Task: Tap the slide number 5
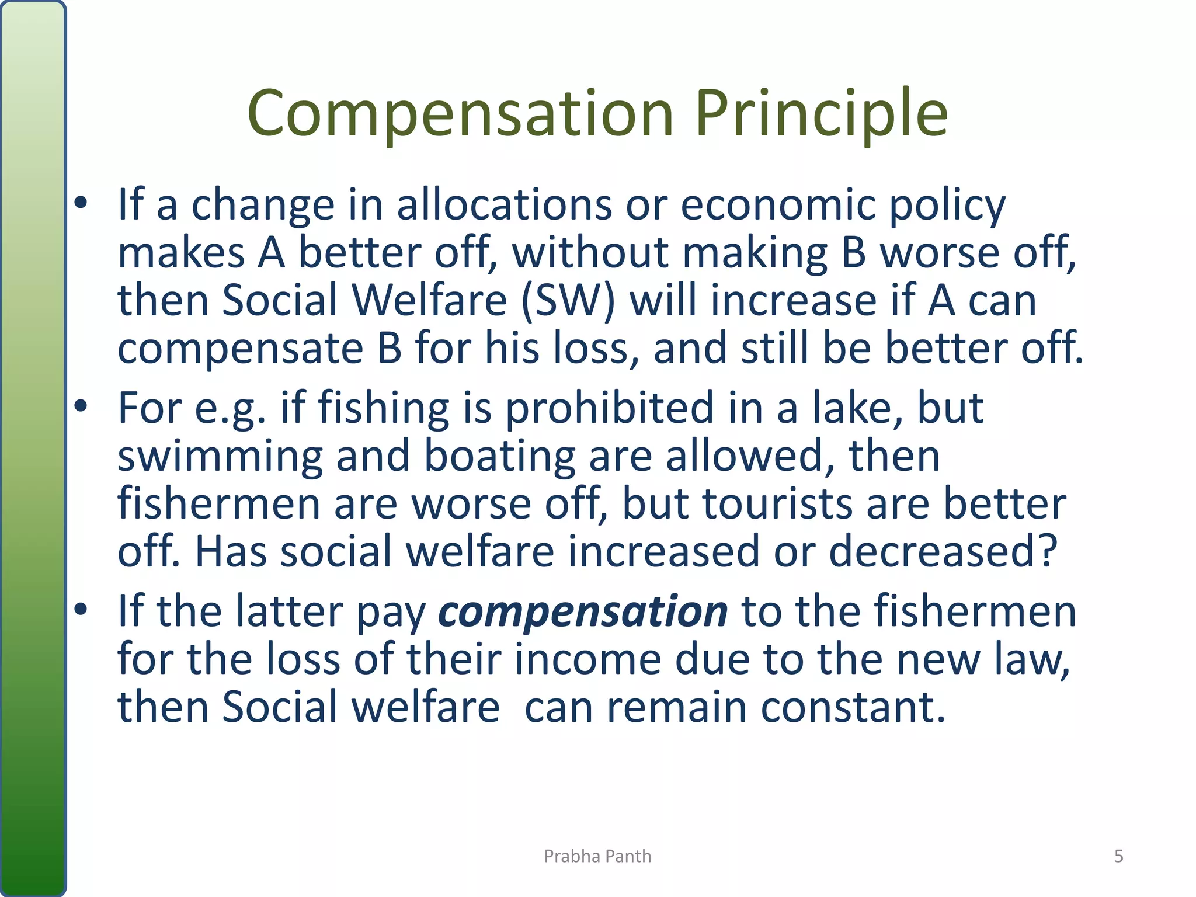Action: pyautogui.click(x=1118, y=856)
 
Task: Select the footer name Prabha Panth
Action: pyautogui.click(x=597, y=856)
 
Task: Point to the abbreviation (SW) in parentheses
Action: pyautogui.click(x=568, y=300)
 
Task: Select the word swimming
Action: pyautogui.click(x=220, y=456)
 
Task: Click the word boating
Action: pyautogui.click(x=499, y=456)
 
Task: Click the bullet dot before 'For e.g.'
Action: pyautogui.click(x=81, y=405)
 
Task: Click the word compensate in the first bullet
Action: pyautogui.click(x=241, y=348)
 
